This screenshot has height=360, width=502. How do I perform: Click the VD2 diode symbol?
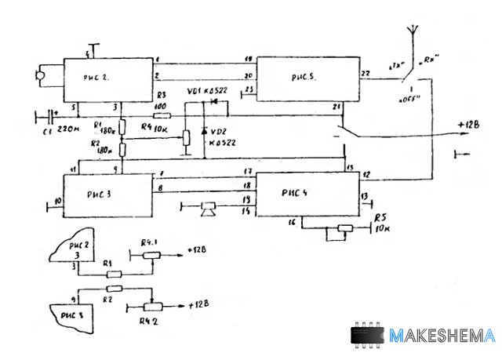coord(205,130)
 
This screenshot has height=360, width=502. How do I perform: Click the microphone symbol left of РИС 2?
coord(39,76)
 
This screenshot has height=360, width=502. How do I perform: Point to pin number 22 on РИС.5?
coord(366,73)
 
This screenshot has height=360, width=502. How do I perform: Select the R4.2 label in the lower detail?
coord(147,322)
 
